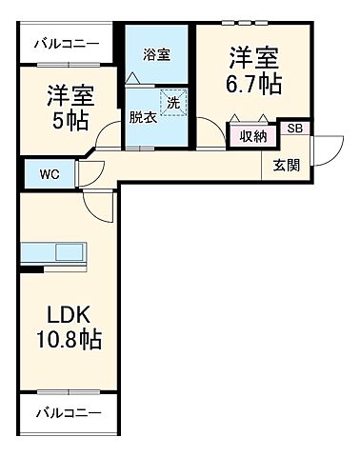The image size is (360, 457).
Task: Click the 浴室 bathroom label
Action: pyautogui.click(x=156, y=54)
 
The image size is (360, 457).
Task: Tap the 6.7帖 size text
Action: pyautogui.click(x=252, y=84)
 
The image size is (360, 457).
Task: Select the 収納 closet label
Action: pyautogui.click(x=252, y=135)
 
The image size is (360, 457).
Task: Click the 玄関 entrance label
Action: pyautogui.click(x=286, y=165)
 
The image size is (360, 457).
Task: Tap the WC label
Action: pyautogui.click(x=49, y=173)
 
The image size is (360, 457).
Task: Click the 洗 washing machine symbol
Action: pyautogui.click(x=174, y=102)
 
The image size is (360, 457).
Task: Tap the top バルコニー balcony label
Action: pyautogui.click(x=67, y=44)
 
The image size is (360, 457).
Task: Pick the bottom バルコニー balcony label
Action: pyautogui.click(x=67, y=412)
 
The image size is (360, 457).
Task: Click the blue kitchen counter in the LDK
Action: pyautogui.click(x=54, y=254)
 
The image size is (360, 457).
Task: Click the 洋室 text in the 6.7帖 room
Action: pyautogui.click(x=252, y=56)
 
